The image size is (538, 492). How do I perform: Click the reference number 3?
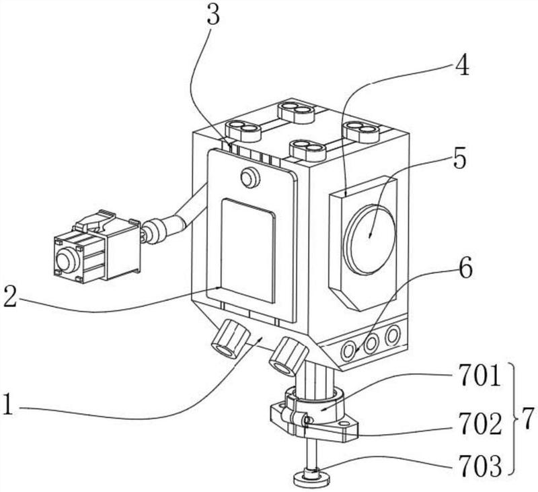tap(213, 14)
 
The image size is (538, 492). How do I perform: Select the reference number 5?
tap(460, 159)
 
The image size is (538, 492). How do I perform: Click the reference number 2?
tap(10, 297)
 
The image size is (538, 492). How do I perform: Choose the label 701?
tap(479, 376)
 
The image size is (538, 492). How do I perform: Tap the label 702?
tap(480, 425)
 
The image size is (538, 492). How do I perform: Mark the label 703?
tap(480, 466)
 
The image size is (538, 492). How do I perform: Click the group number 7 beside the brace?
tap(528, 419)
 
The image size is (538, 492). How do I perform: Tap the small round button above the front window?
tap(249, 178)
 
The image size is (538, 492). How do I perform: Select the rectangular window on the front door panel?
tap(248, 251)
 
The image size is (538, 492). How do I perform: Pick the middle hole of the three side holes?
tap(371, 343)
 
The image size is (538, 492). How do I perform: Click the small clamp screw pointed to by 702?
tap(308, 420)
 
